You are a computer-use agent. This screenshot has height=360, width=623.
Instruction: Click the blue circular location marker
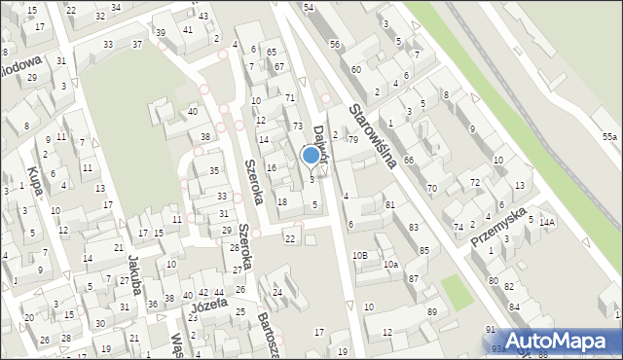[311, 155]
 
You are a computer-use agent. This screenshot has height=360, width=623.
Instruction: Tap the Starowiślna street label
[373, 135]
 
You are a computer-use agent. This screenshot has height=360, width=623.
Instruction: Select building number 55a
[609, 137]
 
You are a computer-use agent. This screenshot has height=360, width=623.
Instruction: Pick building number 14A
[547, 223]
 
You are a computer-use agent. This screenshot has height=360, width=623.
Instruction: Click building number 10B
[360, 255]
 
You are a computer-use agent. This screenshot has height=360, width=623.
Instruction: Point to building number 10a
[390, 264]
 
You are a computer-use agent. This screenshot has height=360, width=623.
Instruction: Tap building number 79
[352, 140]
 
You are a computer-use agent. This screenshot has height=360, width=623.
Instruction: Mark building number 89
[432, 311]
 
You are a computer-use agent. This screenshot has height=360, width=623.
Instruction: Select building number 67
[279, 66]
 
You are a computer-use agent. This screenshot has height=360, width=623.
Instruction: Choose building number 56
[335, 45]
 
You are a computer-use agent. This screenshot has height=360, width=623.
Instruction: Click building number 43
[202, 17]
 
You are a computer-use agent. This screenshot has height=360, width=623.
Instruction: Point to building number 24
[277, 292]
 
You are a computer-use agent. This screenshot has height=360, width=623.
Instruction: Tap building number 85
[423, 251]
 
